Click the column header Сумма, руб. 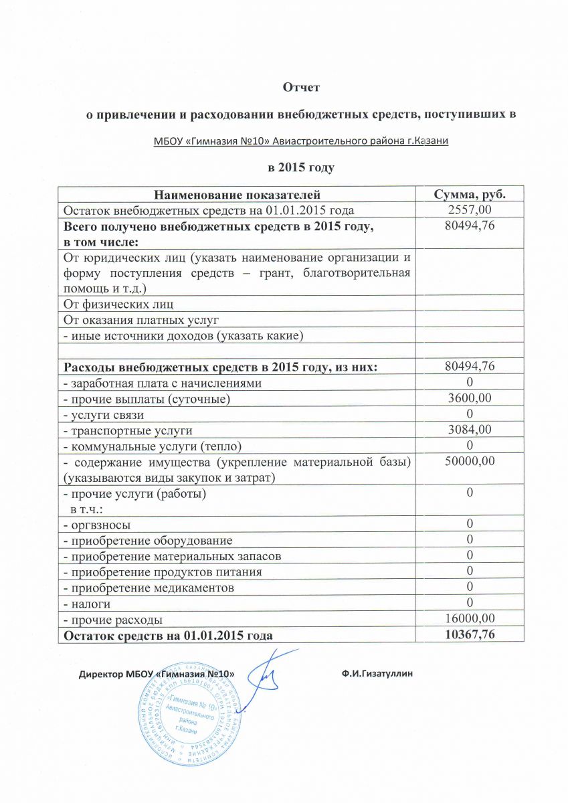469,194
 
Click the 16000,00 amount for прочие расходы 470,620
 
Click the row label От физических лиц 118,304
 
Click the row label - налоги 86,604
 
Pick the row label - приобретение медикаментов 149,588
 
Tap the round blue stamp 189,712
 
